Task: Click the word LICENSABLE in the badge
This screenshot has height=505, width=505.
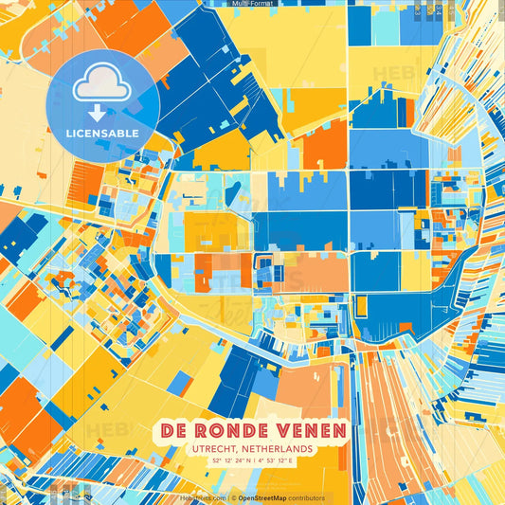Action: tap(101, 133)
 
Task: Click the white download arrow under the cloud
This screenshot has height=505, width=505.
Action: tap(98, 113)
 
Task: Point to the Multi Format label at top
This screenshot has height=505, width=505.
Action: tap(251, 4)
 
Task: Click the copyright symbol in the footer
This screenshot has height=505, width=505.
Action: tap(233, 497)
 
